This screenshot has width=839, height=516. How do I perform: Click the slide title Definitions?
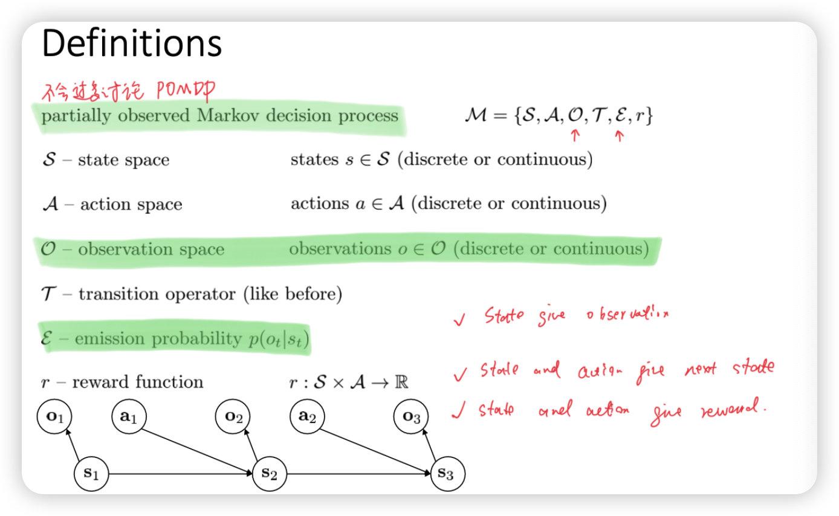(132, 44)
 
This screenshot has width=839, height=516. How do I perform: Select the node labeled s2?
(270, 473)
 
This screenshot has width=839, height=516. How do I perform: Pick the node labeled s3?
(446, 473)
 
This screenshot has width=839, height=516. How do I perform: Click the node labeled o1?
(54, 416)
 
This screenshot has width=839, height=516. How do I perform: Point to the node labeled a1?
(129, 416)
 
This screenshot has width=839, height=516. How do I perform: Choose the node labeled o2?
(233, 416)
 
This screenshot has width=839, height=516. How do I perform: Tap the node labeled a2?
(307, 416)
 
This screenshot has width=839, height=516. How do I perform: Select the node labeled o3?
(411, 416)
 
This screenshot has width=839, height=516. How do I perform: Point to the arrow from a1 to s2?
(199, 445)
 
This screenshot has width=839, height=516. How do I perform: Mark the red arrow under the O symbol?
(575, 136)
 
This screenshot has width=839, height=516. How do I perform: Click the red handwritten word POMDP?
(184, 91)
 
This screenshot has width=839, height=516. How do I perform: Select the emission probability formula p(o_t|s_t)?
(277, 340)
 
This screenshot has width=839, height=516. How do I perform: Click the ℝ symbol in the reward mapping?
(401, 382)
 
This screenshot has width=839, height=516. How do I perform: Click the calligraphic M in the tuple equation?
(476, 115)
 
